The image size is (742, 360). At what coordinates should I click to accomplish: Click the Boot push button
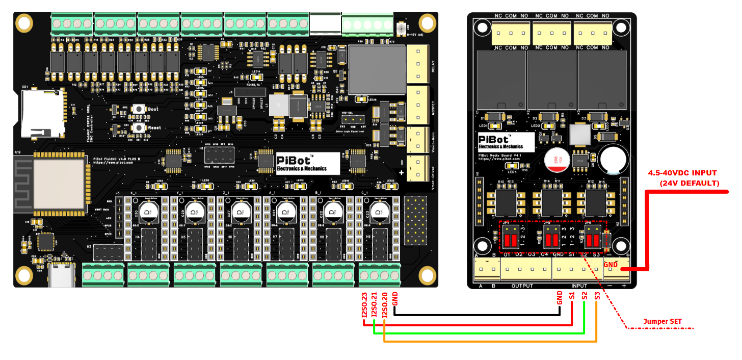coord(138,109)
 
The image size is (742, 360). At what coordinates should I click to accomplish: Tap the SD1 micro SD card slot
coord(43,113)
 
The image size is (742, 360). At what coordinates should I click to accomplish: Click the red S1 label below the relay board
coord(572,296)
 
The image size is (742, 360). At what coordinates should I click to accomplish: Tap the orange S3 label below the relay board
coord(597,296)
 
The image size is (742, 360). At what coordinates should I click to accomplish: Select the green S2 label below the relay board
coord(585,296)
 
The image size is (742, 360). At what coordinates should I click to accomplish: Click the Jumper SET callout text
coord(662,322)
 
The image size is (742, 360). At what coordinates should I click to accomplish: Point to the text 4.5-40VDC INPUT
coord(682,173)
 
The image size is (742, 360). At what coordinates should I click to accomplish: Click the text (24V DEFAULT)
coord(689,183)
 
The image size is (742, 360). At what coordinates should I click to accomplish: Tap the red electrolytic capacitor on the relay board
coord(554,159)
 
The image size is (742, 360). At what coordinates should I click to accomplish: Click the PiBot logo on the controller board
coord(307,163)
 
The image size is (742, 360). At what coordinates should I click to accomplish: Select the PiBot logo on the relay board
coord(507,142)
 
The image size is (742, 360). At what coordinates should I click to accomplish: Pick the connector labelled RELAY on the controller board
coord(418,64)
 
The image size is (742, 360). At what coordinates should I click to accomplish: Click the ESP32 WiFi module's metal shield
coord(58,183)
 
